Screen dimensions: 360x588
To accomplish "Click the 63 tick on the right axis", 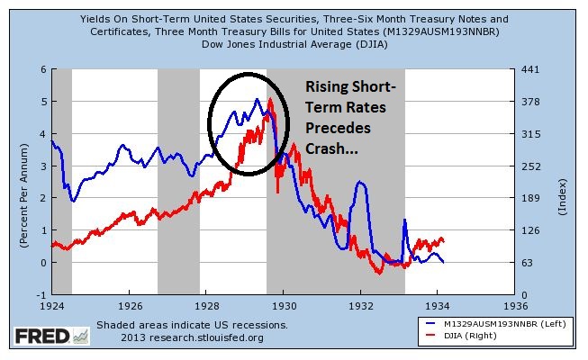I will coord(530,263).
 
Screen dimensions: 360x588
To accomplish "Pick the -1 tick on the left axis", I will coord(40,295).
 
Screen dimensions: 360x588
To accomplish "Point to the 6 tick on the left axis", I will coord(42,69).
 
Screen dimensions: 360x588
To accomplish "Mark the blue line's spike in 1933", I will coord(404,220).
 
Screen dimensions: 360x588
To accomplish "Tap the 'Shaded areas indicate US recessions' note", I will coord(191,325).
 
